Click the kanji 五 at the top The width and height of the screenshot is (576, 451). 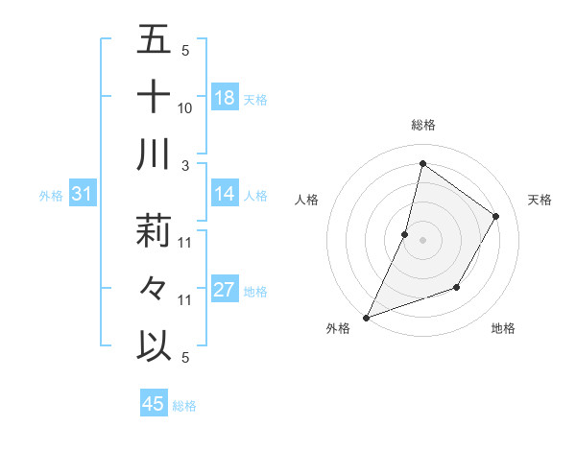click(x=154, y=40)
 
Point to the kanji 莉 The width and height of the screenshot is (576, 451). click(x=154, y=230)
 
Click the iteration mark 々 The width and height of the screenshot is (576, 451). click(x=154, y=287)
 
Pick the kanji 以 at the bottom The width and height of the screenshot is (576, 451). click(x=154, y=344)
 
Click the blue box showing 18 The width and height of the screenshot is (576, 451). click(x=225, y=97)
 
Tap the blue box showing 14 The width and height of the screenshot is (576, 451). click(x=225, y=195)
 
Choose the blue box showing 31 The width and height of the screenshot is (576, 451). click(x=82, y=195)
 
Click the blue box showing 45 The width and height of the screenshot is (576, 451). click(x=154, y=404)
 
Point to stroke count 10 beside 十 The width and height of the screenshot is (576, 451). click(x=185, y=108)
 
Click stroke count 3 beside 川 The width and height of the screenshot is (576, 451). click(x=185, y=165)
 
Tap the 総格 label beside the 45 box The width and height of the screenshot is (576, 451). click(x=184, y=406)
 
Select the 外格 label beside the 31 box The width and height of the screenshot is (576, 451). click(x=51, y=196)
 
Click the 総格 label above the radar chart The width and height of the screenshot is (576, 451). click(x=422, y=125)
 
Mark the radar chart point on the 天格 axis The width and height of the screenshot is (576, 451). click(x=495, y=216)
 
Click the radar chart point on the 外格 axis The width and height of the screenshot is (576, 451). click(x=366, y=317)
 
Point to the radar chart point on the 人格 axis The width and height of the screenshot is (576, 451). click(x=405, y=234)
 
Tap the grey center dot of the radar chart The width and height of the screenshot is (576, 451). click(x=422, y=240)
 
